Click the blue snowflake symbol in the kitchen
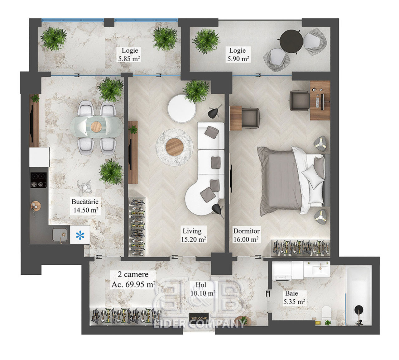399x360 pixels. pos(80,235)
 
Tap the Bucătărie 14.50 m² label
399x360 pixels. pos(85,206)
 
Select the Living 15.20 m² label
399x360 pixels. pos(193,235)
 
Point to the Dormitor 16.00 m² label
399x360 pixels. pos(246,235)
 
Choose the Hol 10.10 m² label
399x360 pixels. pos(203,289)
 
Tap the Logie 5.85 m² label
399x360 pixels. pos(129,54)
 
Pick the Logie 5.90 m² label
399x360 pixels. pos(238,54)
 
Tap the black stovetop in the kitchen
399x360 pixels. pos(38,180)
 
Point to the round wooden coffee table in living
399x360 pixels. pos(175,147)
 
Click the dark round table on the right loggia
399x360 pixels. pos(291,41)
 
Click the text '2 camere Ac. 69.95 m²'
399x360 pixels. pos(133,279)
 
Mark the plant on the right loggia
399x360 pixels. pos(206,41)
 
